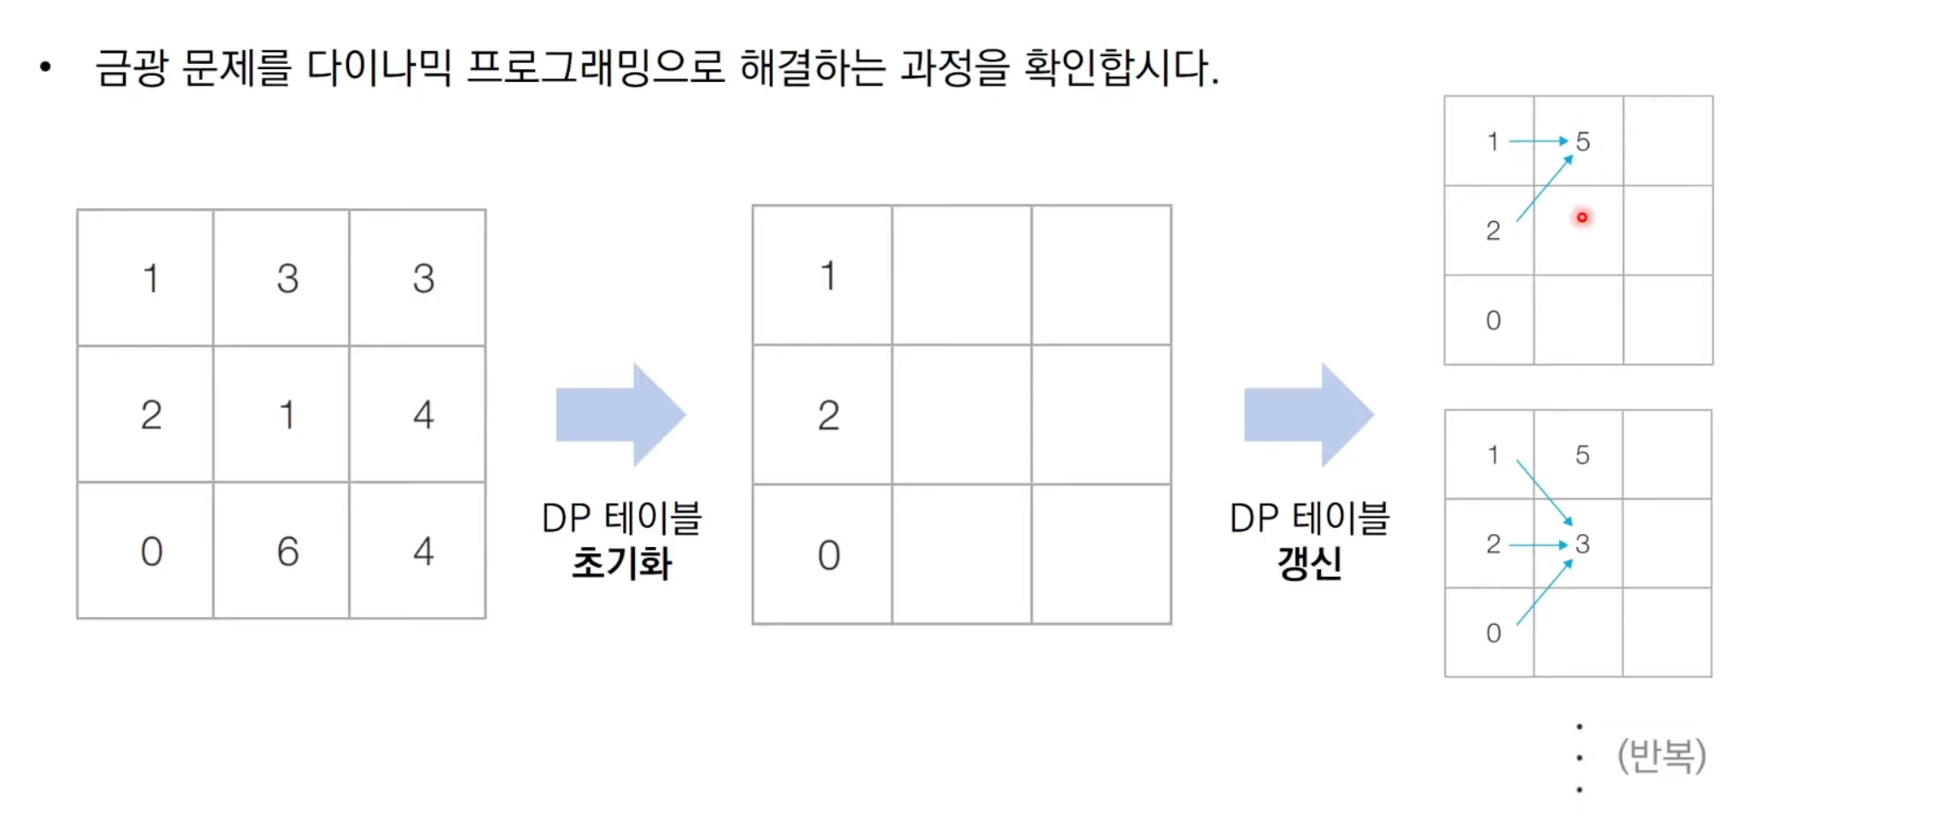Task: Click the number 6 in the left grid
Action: coord(288,551)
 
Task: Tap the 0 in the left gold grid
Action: coord(151,551)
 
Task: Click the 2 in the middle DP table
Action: coord(828,416)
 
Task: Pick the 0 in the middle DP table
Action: coord(828,556)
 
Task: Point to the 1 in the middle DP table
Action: coord(828,276)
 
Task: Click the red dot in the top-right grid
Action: coord(1581,218)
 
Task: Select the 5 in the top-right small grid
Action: coord(1582,142)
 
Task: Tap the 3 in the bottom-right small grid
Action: coord(1582,544)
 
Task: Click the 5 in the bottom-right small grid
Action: coord(1582,455)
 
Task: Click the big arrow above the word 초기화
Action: coord(620,415)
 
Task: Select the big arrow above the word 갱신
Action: coord(1308,415)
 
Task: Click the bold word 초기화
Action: coord(621,563)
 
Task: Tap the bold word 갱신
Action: coord(1309,563)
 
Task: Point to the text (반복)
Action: coord(1660,755)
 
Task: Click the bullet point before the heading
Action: coord(45,67)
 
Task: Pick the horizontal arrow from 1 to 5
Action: coord(1538,141)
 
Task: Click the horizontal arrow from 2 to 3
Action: coord(1538,544)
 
